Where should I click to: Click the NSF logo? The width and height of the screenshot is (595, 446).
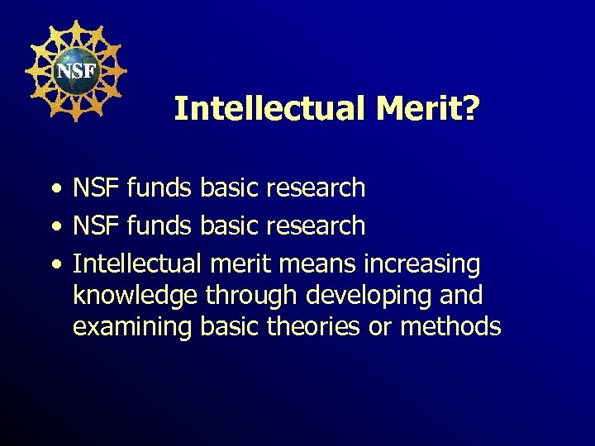pyautogui.click(x=75, y=70)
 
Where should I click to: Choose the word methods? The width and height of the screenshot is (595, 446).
pyautogui.click(x=450, y=327)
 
